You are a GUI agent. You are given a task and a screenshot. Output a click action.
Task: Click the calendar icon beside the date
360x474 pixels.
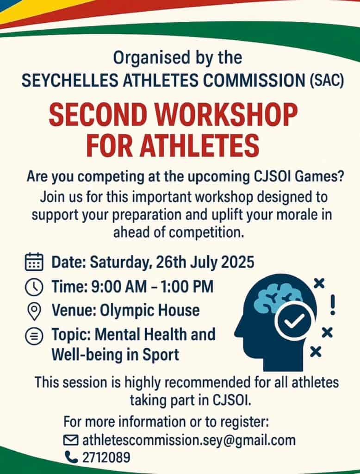point(34,262)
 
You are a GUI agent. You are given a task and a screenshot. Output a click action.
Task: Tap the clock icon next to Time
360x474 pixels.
point(34,287)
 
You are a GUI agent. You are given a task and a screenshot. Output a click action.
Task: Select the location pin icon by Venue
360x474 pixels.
point(34,312)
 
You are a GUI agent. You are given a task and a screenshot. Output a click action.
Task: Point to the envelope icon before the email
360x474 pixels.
point(71,440)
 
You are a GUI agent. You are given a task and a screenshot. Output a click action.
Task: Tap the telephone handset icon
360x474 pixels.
point(71,457)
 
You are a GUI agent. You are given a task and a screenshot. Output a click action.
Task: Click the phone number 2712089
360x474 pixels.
point(106,457)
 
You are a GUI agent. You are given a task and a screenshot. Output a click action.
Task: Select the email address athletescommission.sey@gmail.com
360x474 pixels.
point(189,441)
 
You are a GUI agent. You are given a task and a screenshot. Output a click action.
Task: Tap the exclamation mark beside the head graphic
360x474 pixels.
point(333,305)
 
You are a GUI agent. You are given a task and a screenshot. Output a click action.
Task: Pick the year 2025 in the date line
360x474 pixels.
point(237,262)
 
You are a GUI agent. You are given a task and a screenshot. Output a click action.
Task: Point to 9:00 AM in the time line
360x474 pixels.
point(119,287)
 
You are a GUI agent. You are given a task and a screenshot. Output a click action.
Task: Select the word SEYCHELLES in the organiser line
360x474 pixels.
point(70,81)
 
